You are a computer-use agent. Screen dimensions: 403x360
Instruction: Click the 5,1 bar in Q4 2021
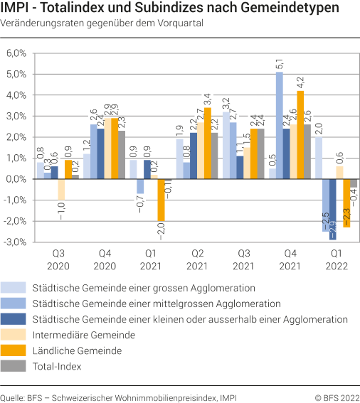point(280,126)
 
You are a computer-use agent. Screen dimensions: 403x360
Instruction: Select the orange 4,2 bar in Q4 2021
point(300,135)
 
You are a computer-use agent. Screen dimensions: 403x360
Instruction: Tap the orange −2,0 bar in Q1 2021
point(162,200)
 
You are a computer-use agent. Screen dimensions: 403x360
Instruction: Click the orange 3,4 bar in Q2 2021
point(208,144)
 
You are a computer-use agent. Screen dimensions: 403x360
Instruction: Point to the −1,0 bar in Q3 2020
point(61,190)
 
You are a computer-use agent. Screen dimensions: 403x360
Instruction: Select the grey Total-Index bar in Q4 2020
point(122,155)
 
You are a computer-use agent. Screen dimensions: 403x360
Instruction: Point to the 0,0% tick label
point(16,179)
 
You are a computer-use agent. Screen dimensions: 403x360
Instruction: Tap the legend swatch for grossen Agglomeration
point(15,289)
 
